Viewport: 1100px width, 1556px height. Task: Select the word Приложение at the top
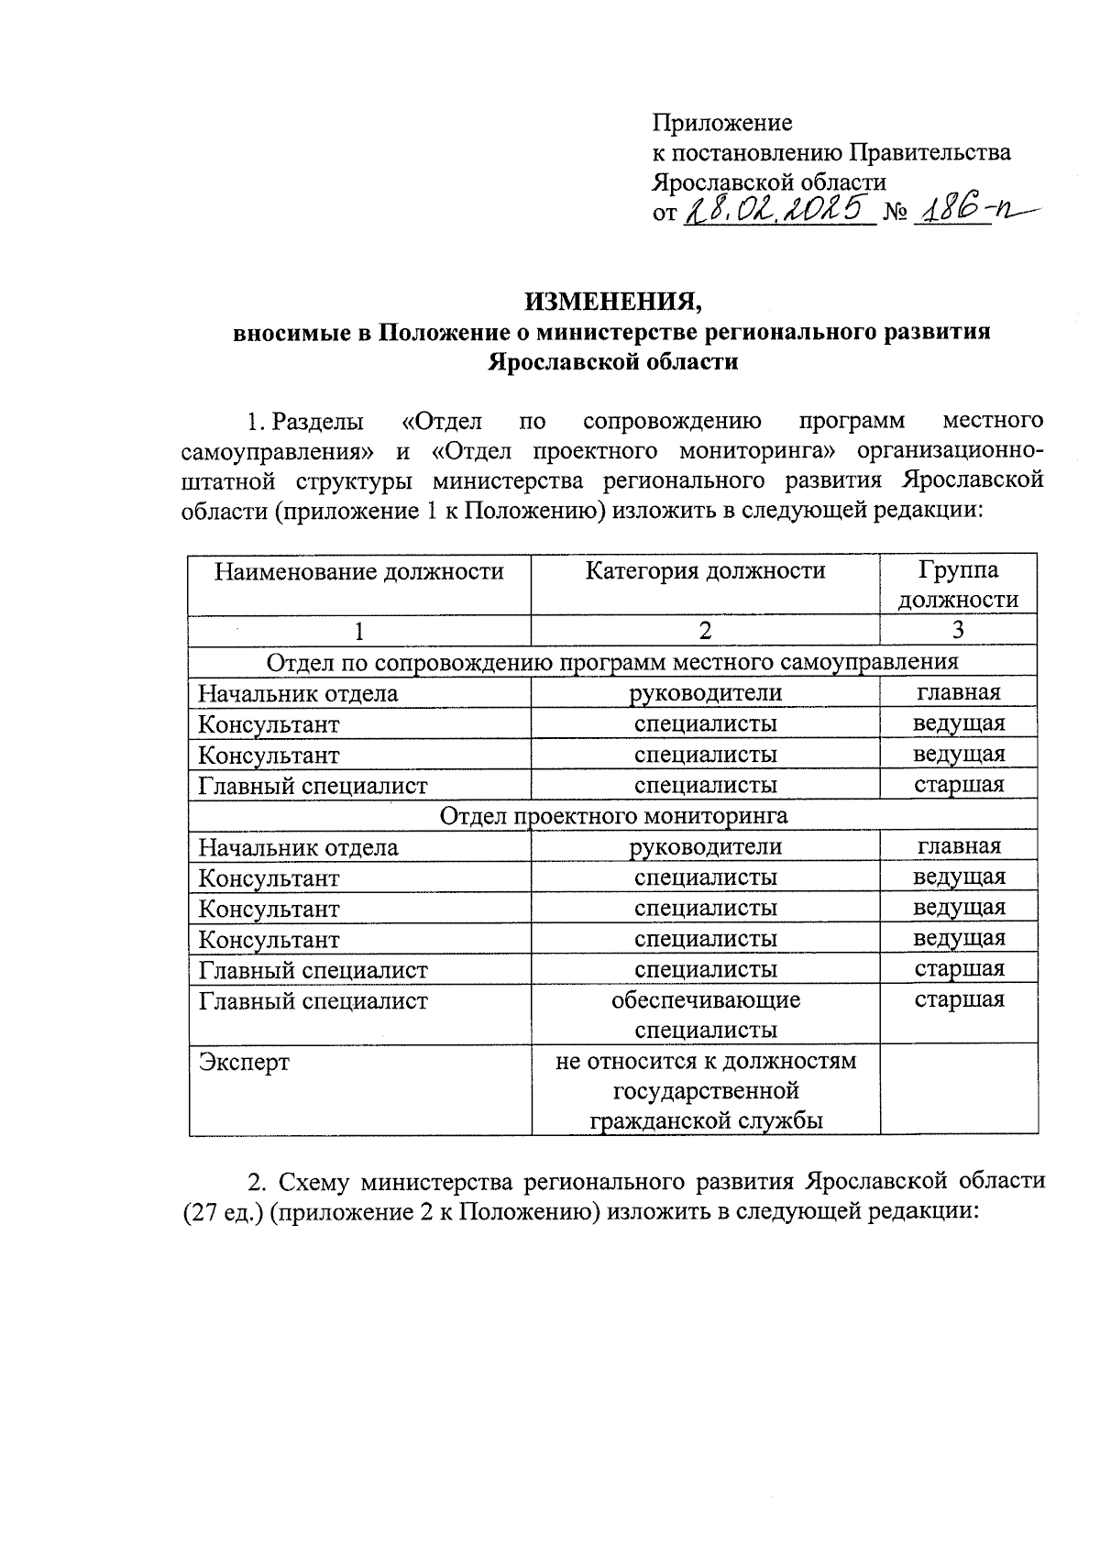[x=721, y=123]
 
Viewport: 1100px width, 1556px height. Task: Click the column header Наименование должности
[x=359, y=572]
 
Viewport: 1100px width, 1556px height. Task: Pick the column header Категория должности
[x=705, y=571]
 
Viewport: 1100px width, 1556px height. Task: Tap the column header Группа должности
[x=958, y=585]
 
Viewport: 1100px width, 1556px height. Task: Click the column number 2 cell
[x=705, y=631]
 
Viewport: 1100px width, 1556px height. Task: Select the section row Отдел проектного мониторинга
[x=613, y=815]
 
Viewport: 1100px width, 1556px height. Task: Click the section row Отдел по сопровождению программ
[x=613, y=662]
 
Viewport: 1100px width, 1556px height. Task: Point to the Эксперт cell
[x=244, y=1063]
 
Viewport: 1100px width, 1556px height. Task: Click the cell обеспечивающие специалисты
[x=705, y=1015]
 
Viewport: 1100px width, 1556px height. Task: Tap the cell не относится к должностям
[x=705, y=1062]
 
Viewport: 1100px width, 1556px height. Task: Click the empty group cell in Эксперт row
[x=958, y=1090]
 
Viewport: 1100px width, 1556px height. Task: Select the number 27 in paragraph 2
[x=201, y=1211]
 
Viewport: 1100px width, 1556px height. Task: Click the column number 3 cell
[x=958, y=631]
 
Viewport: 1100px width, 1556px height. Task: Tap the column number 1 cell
[x=359, y=631]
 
